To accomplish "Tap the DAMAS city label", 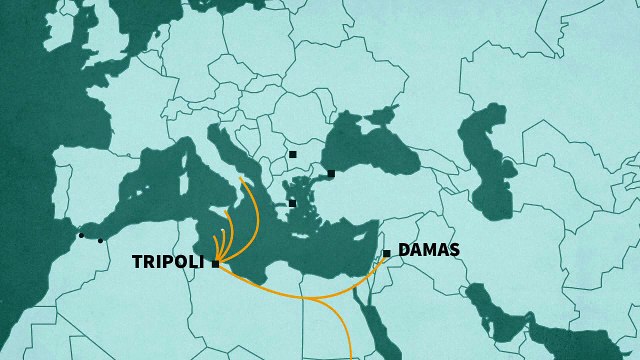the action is (x=428, y=250).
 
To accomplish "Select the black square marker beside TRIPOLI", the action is (x=215, y=264).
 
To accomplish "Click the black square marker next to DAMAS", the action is (x=387, y=253).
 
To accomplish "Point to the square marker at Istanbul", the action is (x=331, y=173).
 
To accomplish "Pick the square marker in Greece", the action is (x=292, y=203).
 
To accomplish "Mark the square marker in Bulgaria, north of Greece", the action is (x=292, y=154).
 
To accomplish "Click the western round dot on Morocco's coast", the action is (x=81, y=236).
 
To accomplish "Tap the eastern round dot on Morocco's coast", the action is (x=100, y=240).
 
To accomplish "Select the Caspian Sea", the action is (x=490, y=160).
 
